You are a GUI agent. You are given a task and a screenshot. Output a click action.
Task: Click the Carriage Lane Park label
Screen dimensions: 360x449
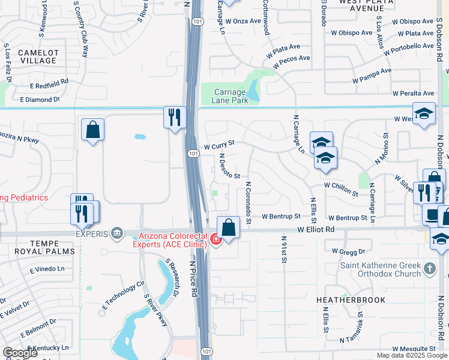click(x=231, y=96)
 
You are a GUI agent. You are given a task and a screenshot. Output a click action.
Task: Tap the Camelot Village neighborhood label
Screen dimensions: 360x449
click(x=37, y=56)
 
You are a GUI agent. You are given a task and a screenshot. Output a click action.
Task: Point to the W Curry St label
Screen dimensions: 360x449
click(x=218, y=145)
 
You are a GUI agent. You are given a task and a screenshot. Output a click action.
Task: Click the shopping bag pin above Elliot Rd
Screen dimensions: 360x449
click(x=228, y=227)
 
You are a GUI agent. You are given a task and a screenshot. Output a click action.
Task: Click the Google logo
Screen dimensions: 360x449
click(x=20, y=353)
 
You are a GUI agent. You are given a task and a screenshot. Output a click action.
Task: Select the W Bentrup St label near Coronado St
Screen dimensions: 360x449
click(x=281, y=216)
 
